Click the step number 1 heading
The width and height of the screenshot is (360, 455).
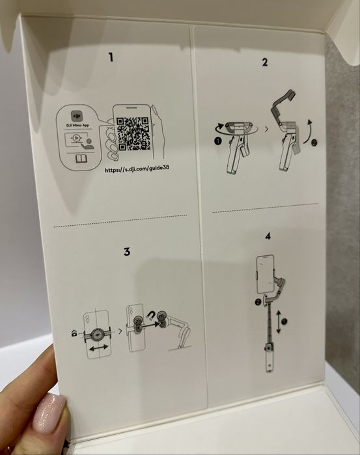[111, 57]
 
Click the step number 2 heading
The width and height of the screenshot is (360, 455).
[264, 62]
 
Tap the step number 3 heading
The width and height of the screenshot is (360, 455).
[127, 251]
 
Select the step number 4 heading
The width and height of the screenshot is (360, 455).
[268, 236]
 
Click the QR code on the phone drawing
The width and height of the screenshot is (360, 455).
[133, 133]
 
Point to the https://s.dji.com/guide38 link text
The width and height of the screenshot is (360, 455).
[137, 169]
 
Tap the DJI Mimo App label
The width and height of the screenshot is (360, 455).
[77, 126]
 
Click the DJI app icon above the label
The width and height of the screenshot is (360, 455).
[77, 116]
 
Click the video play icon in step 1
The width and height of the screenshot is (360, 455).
[76, 139]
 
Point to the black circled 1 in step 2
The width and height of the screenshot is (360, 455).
[217, 141]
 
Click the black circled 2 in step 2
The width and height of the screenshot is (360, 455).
[314, 143]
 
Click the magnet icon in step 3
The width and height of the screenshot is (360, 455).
[151, 314]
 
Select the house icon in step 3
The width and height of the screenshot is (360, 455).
[74, 333]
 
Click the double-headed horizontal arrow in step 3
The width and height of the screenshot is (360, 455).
[99, 348]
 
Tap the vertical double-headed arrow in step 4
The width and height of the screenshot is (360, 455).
[278, 322]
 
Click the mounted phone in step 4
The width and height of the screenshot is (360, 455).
[266, 274]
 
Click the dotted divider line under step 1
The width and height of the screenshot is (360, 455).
[120, 221]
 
